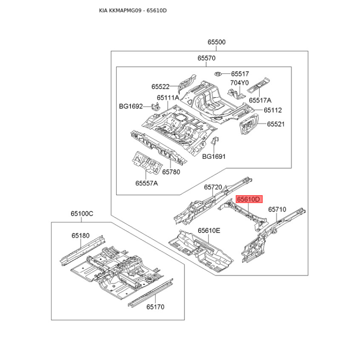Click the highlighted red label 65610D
click(249, 199)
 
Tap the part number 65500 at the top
click(216, 42)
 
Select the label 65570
click(206, 58)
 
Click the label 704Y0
click(239, 83)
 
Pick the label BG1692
click(130, 107)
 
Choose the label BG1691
click(213, 157)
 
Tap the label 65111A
click(168, 98)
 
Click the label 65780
click(171, 172)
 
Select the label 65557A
click(147, 183)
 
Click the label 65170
click(155, 307)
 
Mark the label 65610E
click(209, 231)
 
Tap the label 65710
click(277, 209)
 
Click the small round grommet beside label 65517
click(218, 73)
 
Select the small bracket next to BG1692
click(155, 107)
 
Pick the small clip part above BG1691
click(215, 141)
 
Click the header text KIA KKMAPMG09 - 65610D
click(133, 10)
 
